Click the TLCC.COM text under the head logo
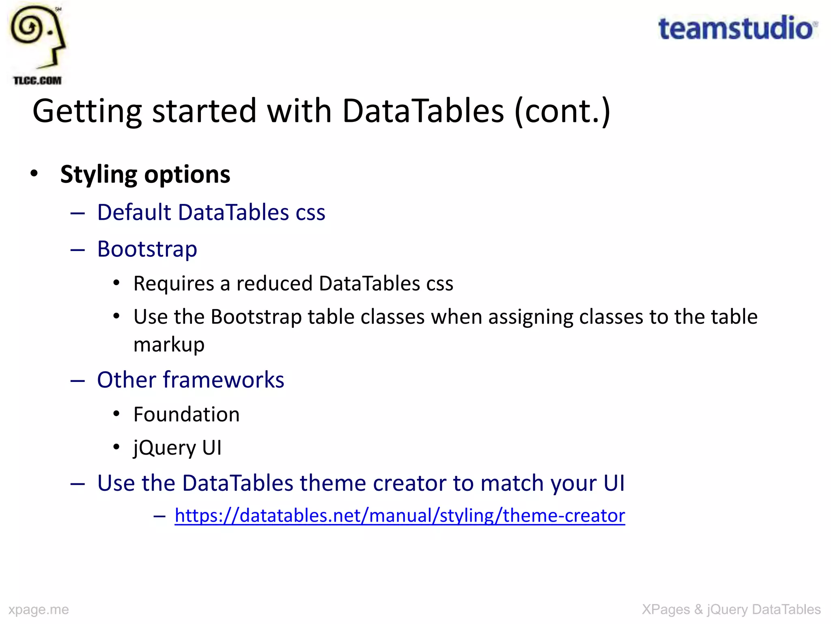pos(37,80)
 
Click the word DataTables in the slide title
pos(423,110)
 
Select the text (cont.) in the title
pos(562,110)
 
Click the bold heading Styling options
pos(145,174)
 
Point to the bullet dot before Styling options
pos(34,174)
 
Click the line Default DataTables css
pos(211,212)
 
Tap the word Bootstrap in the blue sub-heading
pos(147,249)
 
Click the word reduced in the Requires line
pos(274,283)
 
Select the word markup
pos(169,344)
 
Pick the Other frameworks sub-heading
pos(191,380)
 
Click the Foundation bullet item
pos(186,414)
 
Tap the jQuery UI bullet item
pos(177,448)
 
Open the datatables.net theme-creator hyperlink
pos(400,516)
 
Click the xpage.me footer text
pos(39,609)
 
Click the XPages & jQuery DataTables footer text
pos(731,609)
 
